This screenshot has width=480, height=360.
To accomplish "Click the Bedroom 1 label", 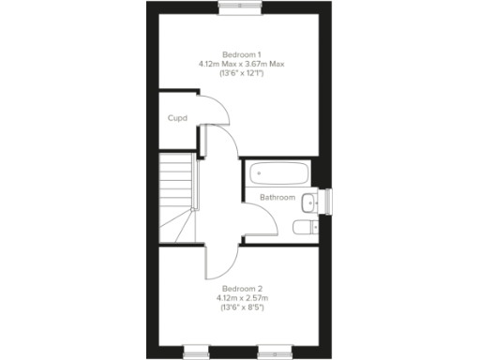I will click(x=240, y=53).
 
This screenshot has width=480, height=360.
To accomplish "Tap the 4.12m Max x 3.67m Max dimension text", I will click(x=240, y=63).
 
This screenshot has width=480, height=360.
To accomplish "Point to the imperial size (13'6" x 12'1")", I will click(x=240, y=72).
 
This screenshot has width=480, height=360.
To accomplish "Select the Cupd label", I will click(x=177, y=118).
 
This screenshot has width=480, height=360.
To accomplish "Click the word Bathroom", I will click(x=277, y=198).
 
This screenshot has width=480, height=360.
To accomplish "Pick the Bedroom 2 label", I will click(x=240, y=288).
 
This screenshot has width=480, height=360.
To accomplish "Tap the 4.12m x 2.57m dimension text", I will click(x=240, y=297).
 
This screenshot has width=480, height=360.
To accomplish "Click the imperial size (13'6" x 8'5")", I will click(x=240, y=307).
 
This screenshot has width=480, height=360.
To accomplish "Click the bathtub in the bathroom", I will click(x=277, y=173).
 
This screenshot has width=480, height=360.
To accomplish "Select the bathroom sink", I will click(x=316, y=200).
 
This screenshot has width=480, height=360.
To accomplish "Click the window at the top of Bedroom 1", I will click(x=240, y=6).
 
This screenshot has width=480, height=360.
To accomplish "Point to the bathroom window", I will click(x=328, y=200).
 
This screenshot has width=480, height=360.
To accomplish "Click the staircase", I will click(x=175, y=198).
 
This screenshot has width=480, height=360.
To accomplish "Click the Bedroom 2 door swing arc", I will click(x=217, y=265).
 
